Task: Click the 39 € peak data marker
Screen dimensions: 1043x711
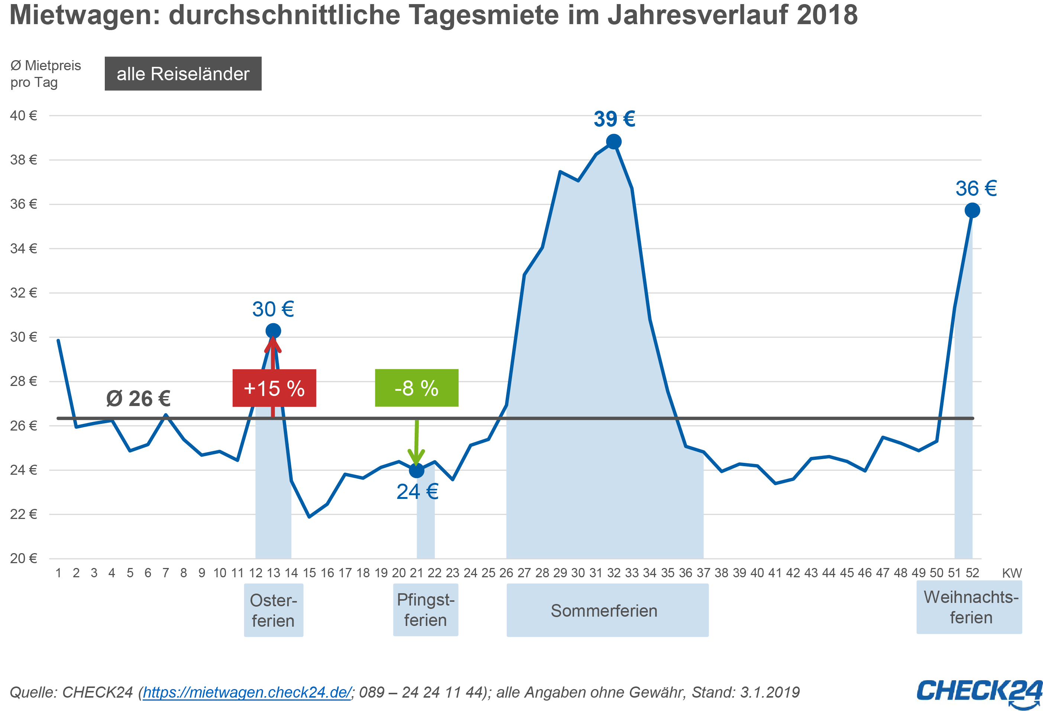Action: click(613, 142)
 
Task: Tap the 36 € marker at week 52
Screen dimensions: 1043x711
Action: click(972, 210)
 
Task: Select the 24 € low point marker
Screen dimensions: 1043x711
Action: click(417, 470)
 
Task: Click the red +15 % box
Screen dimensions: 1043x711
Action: click(274, 388)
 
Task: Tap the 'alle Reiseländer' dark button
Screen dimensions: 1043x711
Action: click(183, 74)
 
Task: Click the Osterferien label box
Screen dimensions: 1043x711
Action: click(273, 610)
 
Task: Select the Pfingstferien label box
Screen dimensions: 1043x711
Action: click(425, 610)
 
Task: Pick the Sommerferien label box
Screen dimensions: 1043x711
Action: click(608, 610)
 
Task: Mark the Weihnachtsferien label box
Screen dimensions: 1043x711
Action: click(969, 607)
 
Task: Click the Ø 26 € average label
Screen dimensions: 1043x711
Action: click(138, 398)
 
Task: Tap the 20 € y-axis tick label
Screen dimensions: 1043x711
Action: click(24, 558)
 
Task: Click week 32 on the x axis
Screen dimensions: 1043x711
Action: click(613, 573)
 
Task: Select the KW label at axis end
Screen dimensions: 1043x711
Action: click(1011, 573)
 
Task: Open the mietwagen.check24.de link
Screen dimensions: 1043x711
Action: click(247, 692)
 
